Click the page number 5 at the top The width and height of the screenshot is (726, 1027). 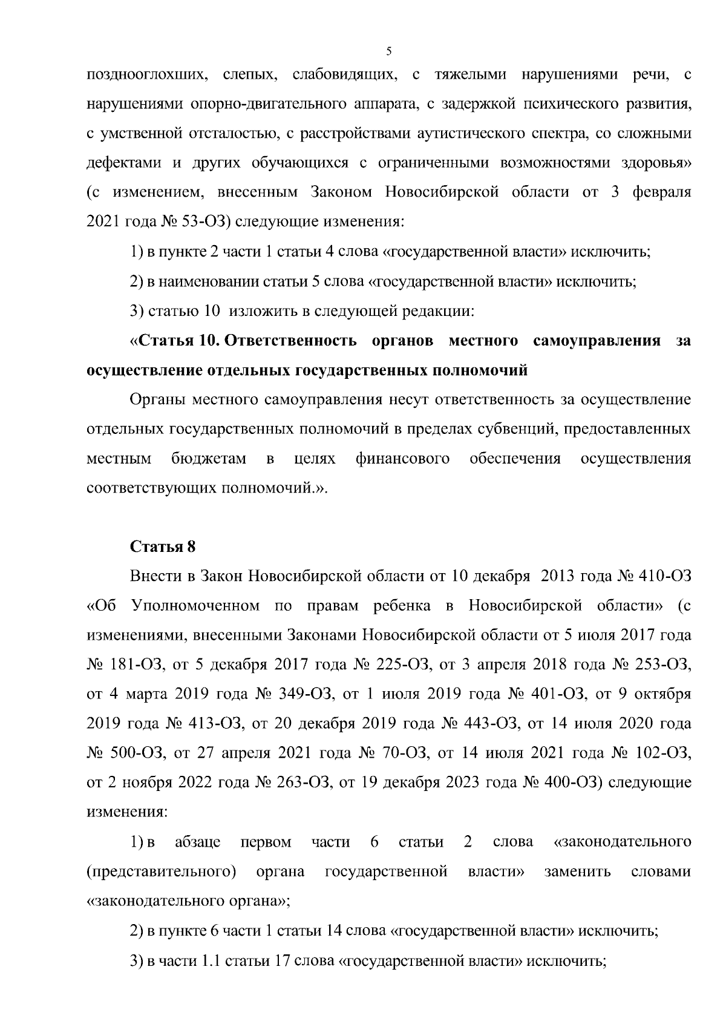coord(389,51)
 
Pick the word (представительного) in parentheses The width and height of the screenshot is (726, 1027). coord(161,871)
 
